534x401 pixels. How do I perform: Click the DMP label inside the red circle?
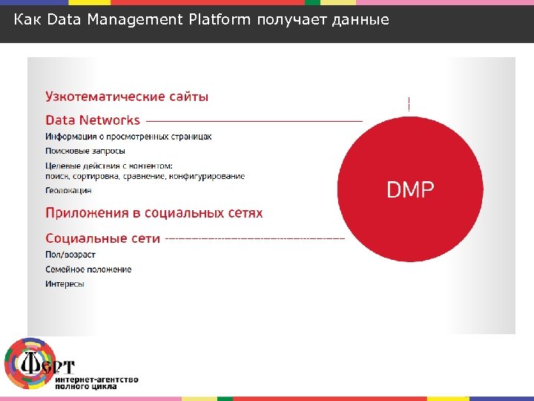410,190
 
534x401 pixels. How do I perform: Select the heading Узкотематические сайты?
127,97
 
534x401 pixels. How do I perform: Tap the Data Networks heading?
93,120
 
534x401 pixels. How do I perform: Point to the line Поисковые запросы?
85,151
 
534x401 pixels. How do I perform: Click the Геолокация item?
68,191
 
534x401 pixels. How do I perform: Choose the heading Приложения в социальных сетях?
154,213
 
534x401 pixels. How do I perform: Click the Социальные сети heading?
102,238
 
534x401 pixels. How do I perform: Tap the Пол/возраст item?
70,255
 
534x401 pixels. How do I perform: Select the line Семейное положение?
88,269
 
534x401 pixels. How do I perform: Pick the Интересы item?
65,284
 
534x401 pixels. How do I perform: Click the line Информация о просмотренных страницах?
128,137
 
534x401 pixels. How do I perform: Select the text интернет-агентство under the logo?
96,379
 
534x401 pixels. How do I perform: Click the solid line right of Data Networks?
252,120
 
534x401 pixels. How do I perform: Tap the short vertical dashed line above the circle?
409,104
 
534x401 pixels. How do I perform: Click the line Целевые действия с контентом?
109,166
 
